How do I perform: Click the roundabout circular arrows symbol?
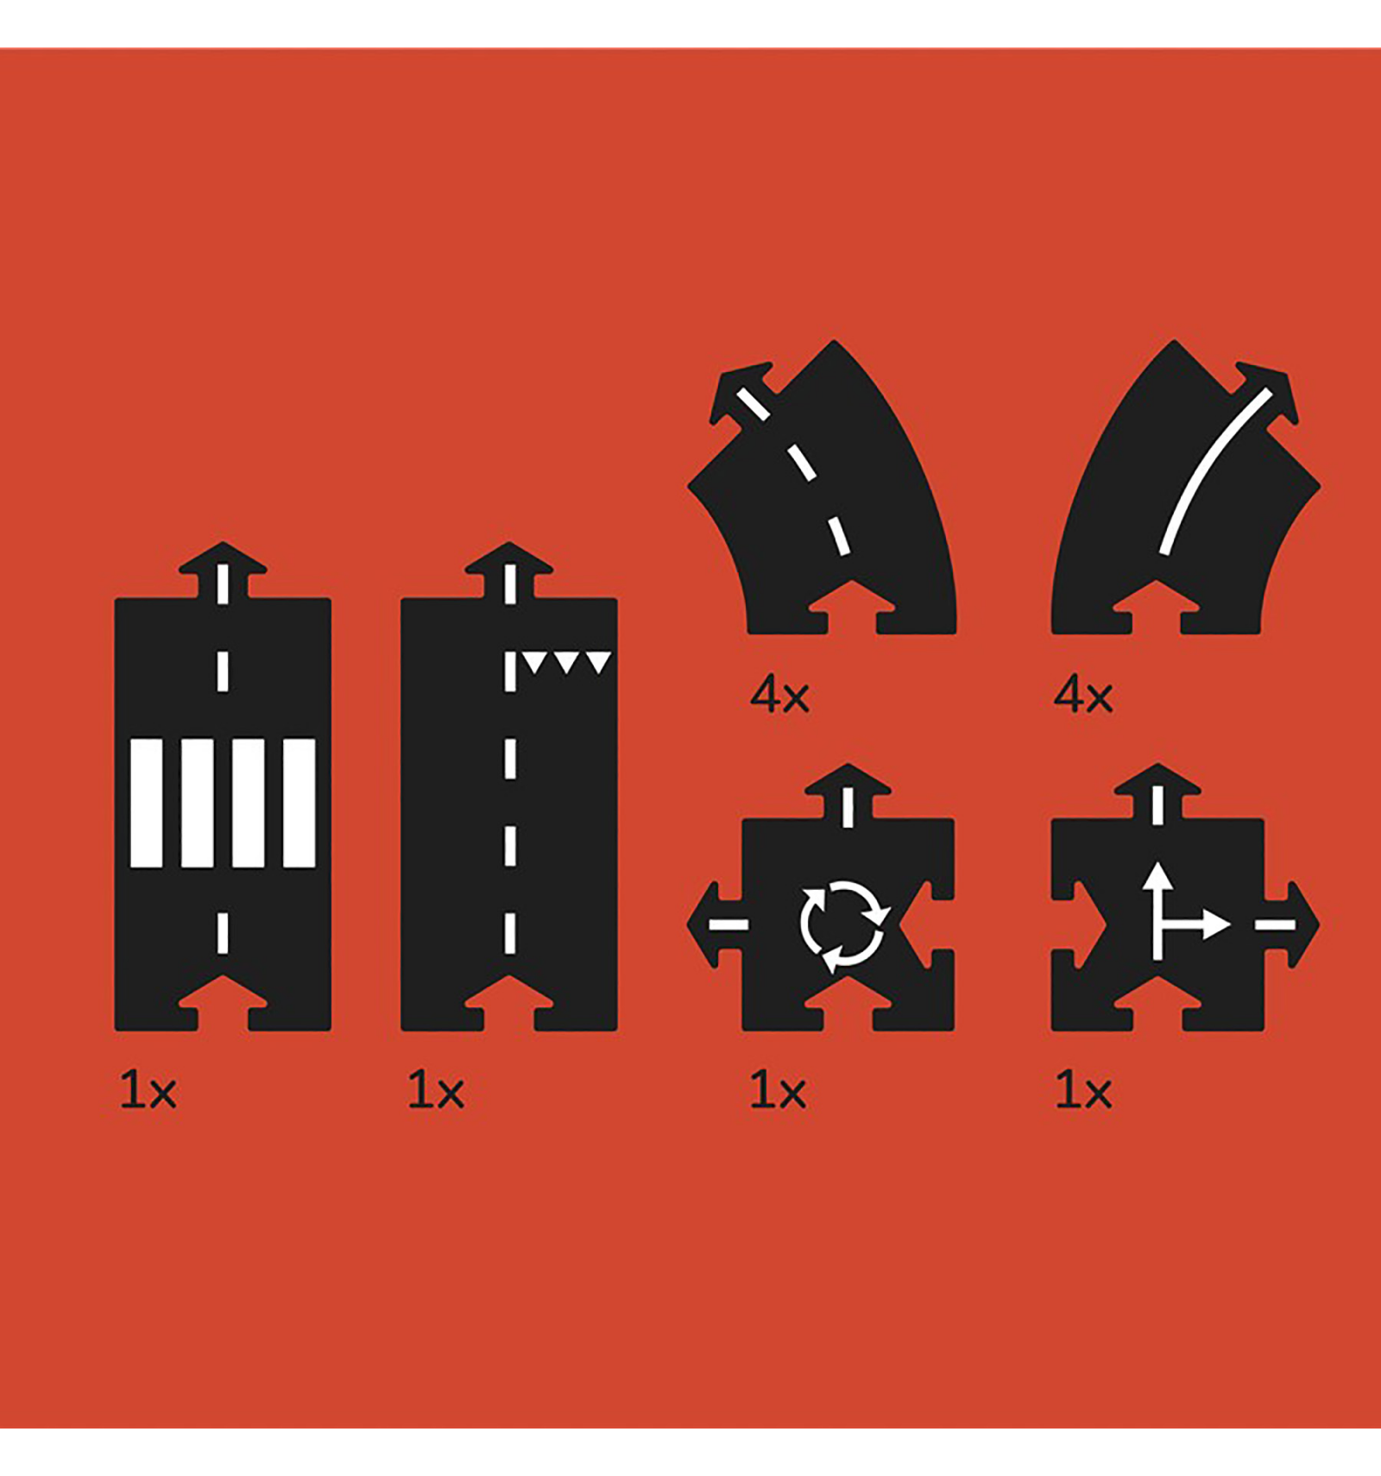[843, 926]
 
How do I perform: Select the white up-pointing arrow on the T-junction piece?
[1158, 913]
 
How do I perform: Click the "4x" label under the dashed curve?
[779, 695]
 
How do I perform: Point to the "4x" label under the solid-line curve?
[1083, 695]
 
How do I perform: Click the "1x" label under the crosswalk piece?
[148, 1091]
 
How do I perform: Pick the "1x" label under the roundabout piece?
[777, 1091]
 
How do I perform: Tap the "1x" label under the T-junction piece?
[1083, 1091]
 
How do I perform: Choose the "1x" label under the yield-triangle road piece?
[435, 1091]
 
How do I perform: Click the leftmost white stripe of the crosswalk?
[146, 803]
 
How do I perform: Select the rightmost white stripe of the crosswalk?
[300, 803]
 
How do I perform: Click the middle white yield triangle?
[566, 662]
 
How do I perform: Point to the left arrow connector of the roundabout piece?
[716, 924]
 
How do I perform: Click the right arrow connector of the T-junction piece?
[1291, 924]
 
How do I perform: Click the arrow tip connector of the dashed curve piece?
[741, 393]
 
